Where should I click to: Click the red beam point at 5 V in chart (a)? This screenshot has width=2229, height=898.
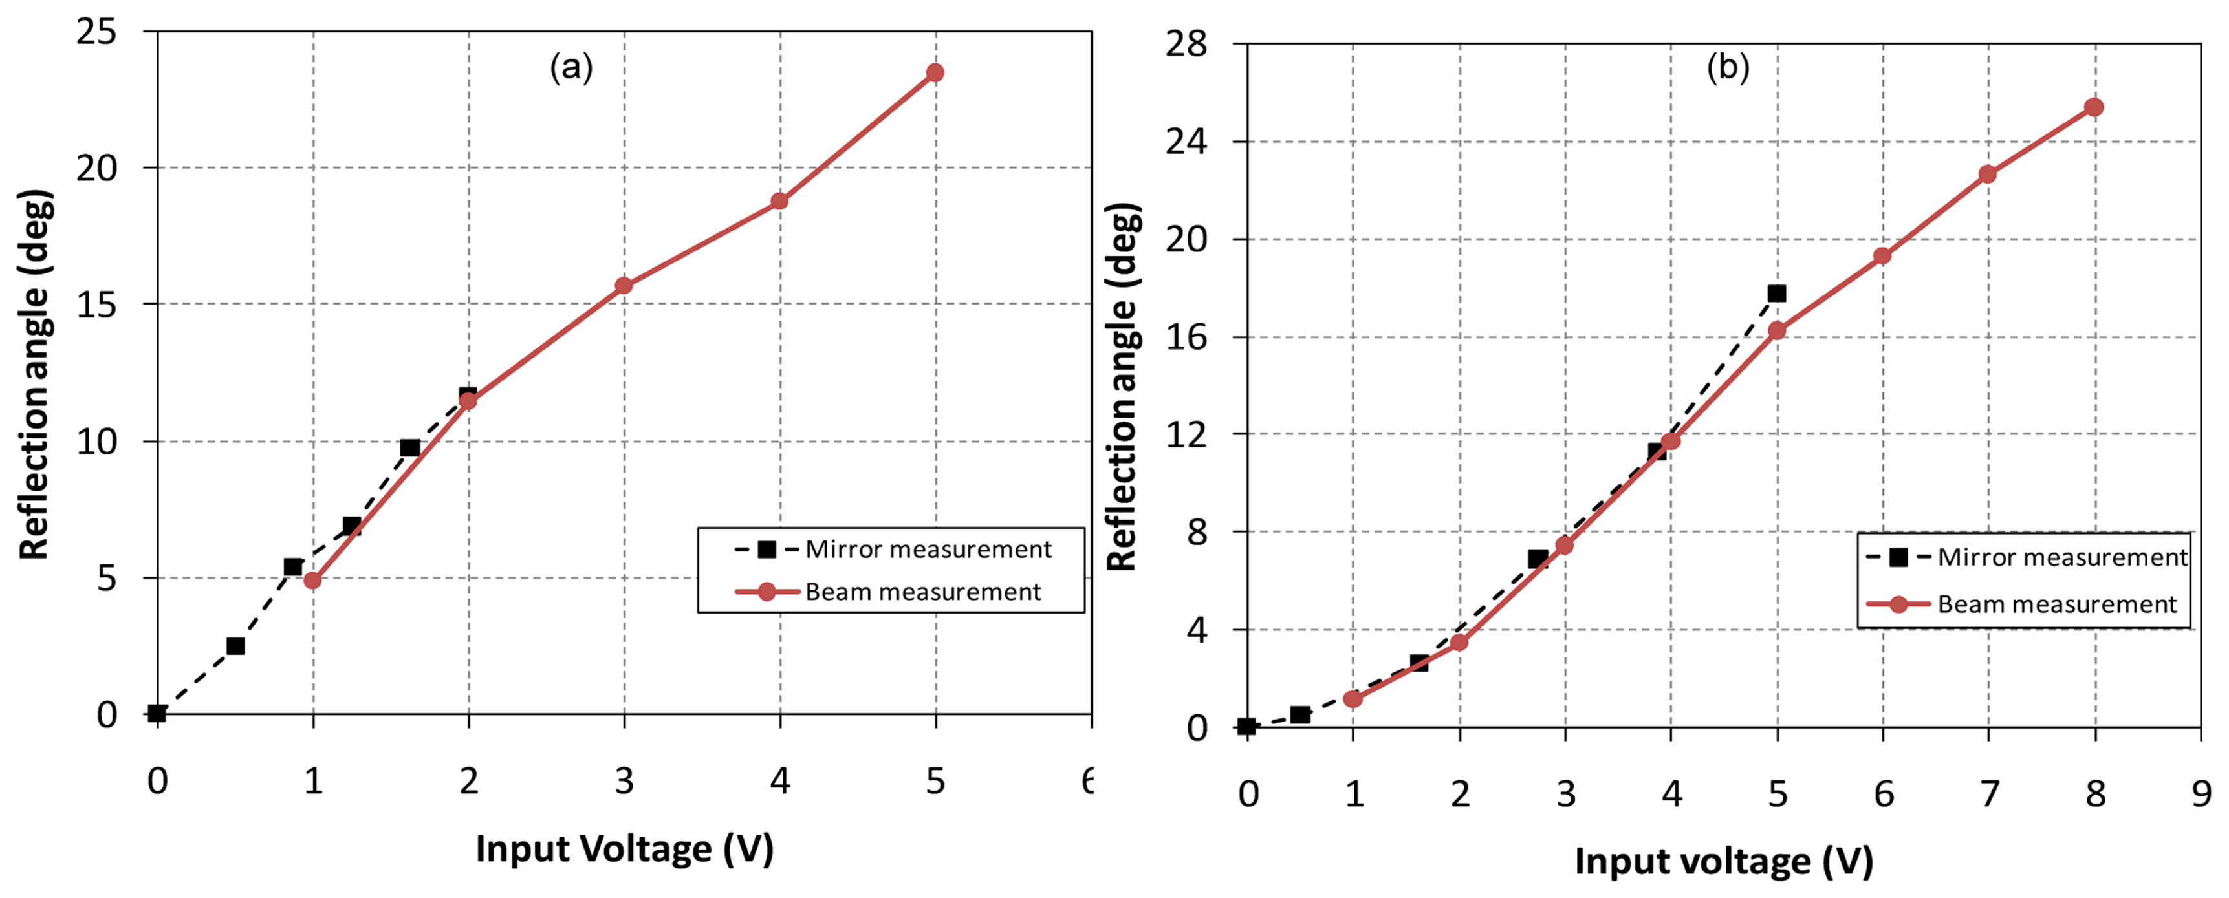(x=935, y=72)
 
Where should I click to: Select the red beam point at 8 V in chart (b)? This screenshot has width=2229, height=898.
(x=2094, y=107)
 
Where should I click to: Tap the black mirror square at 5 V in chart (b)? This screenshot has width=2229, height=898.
(x=1776, y=294)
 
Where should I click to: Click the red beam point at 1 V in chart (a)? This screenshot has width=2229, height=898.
(x=312, y=581)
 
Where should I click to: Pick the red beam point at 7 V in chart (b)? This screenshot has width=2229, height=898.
(x=1988, y=174)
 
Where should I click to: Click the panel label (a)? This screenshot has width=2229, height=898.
(x=571, y=67)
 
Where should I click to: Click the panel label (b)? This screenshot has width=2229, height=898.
(x=1727, y=67)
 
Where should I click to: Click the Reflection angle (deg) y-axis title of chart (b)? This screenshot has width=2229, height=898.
(x=1122, y=387)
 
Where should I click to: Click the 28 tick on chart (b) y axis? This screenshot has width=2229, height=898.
(x=1186, y=43)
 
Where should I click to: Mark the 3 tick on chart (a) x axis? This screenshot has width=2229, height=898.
(x=624, y=781)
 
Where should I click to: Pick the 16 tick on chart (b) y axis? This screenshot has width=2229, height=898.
(x=1186, y=337)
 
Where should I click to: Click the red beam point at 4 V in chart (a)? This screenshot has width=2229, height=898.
(x=779, y=200)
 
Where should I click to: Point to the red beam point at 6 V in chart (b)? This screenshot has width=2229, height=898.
(x=1882, y=256)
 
